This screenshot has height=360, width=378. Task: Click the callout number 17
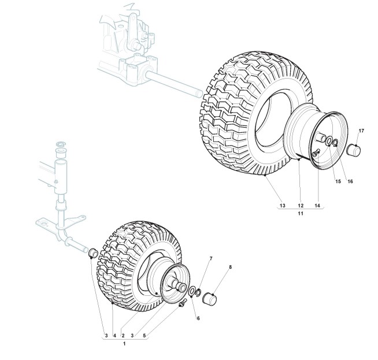361,131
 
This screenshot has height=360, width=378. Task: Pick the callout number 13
282,206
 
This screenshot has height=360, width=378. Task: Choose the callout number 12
301,206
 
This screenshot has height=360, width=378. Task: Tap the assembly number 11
301,214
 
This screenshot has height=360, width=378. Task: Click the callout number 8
230,267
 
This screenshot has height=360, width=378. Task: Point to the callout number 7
211,258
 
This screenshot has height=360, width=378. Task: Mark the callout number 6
198,318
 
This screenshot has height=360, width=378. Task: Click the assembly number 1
125,343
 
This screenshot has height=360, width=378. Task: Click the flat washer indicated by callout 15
329,142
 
